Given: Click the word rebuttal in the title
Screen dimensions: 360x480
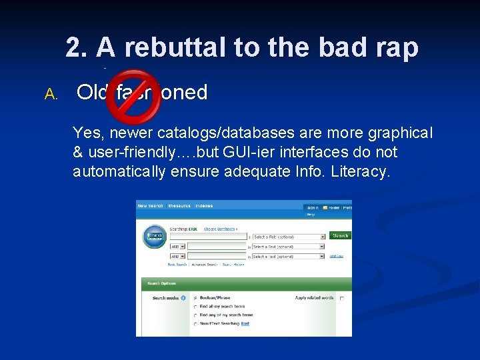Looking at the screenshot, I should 174,48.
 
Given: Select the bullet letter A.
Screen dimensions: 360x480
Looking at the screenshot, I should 51,95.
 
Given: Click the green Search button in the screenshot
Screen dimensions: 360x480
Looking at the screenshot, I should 340,235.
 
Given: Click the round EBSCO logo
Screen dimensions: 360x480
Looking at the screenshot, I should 154,238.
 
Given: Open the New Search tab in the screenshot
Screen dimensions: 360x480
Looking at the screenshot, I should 150,206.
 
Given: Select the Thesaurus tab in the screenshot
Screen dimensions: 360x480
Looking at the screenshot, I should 179,206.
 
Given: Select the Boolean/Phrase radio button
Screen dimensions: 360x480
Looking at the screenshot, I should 195,298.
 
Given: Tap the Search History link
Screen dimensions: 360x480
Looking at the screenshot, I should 233,265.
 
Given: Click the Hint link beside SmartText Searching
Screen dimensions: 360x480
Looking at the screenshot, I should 245,323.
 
